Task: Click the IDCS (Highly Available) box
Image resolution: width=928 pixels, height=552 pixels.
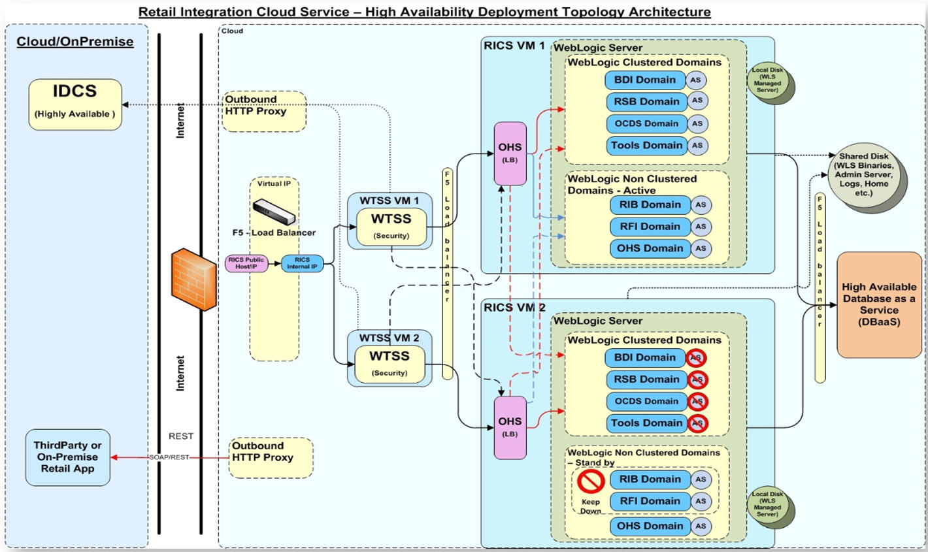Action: click(x=75, y=105)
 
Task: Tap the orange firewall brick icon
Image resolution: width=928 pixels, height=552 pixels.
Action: click(x=193, y=280)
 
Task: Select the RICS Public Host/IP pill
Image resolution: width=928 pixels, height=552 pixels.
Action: click(x=246, y=263)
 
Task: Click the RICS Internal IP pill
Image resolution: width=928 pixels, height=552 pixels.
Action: click(x=302, y=263)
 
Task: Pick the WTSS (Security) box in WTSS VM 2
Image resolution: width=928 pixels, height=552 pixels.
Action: click(x=389, y=363)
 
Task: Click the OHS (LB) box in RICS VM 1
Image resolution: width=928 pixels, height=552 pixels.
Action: click(x=510, y=153)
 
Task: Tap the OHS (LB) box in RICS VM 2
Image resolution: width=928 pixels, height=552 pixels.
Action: click(x=510, y=427)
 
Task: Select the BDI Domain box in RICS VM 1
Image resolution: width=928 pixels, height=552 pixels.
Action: click(x=644, y=80)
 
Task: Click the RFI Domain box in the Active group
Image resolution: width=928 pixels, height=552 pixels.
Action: click(x=650, y=227)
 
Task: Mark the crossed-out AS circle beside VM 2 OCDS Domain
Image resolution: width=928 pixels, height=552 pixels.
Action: click(x=697, y=401)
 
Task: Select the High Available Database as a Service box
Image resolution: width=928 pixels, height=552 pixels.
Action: click(x=879, y=304)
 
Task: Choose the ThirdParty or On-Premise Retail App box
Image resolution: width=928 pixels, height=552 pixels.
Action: click(x=67, y=457)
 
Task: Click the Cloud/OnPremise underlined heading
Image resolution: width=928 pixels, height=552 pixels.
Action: click(x=75, y=42)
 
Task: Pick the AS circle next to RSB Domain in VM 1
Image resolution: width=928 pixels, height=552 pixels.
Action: click(x=697, y=101)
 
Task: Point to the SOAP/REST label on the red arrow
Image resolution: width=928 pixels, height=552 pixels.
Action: click(x=169, y=457)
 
